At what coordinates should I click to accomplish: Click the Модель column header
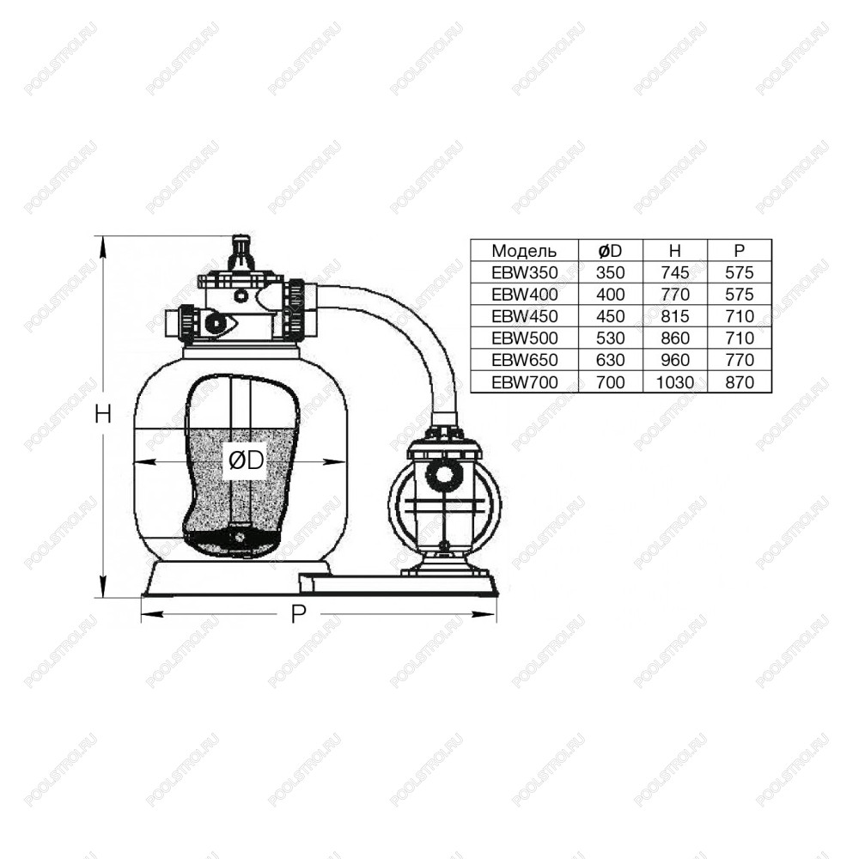pyautogui.click(x=524, y=251)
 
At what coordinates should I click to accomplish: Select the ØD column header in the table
pyautogui.click(x=610, y=251)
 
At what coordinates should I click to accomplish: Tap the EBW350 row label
pyautogui.click(x=524, y=272)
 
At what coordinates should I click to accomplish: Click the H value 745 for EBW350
pyautogui.click(x=674, y=272)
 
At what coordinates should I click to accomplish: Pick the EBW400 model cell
pyautogui.click(x=524, y=294)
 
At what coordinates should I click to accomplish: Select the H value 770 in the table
pyautogui.click(x=674, y=294)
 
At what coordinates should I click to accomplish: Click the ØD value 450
pyautogui.click(x=610, y=316)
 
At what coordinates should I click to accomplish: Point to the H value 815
pyautogui.click(x=674, y=316)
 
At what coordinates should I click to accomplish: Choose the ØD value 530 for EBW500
pyautogui.click(x=610, y=338)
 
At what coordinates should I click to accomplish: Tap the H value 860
pyautogui.click(x=674, y=338)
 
